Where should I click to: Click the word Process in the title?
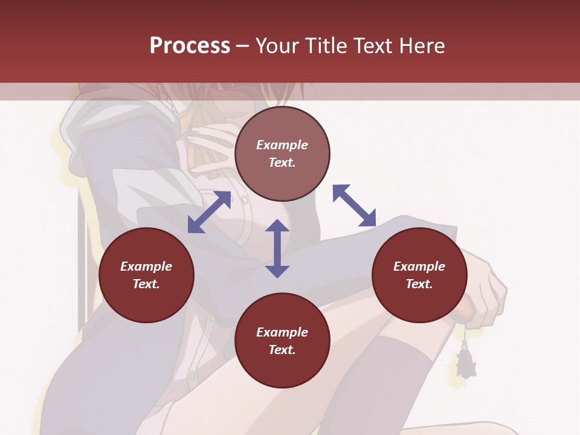click(190, 45)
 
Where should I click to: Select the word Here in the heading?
click(422, 45)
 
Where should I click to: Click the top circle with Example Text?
click(282, 153)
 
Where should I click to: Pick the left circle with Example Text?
click(146, 275)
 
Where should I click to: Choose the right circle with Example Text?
click(419, 275)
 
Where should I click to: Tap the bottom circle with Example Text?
click(282, 341)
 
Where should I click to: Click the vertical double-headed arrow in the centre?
click(277, 248)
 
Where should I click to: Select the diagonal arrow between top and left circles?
click(209, 211)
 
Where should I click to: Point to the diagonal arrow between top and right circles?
click(355, 205)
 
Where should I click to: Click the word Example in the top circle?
click(282, 145)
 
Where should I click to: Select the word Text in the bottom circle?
click(282, 350)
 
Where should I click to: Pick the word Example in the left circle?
click(146, 266)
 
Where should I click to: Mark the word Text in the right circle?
click(419, 284)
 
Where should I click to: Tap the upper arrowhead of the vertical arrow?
click(277, 227)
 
